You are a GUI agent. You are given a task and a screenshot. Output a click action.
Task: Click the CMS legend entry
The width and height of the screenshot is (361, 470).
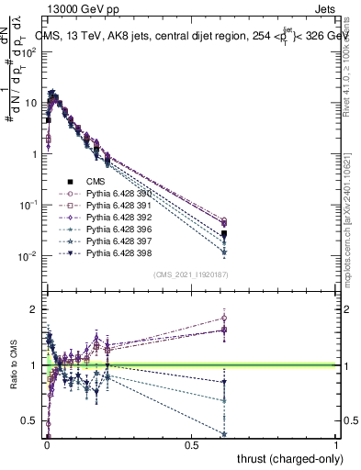(95, 182)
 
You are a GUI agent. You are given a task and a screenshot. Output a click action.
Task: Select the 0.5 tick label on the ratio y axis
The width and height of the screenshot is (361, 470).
(32, 421)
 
